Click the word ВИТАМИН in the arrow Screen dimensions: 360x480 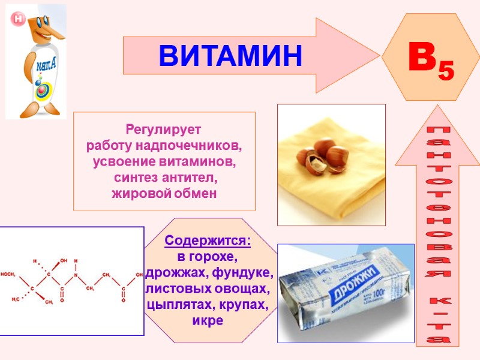pos(230,55)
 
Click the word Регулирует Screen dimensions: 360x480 pos(164,129)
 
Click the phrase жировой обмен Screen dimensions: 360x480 pos(164,194)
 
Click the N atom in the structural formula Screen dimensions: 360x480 pos(76,275)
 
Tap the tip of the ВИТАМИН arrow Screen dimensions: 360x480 pos(378,55)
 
